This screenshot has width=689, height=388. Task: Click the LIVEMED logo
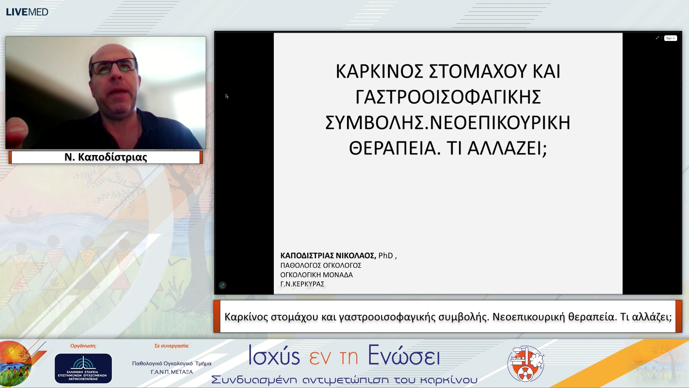click(x=27, y=12)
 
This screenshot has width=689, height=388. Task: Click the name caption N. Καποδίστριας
click(x=106, y=157)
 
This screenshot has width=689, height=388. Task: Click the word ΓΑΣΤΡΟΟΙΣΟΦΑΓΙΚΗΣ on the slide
click(x=448, y=97)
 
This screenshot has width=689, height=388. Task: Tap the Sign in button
click(x=670, y=38)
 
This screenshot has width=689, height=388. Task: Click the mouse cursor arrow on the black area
click(x=227, y=96)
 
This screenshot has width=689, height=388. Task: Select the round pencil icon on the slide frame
click(x=222, y=285)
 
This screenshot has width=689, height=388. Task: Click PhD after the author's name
click(x=386, y=255)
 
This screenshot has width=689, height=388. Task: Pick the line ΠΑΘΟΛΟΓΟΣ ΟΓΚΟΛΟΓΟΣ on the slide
click(x=320, y=265)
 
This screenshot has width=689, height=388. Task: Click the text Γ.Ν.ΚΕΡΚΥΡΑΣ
click(x=302, y=284)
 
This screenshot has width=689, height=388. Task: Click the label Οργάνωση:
click(x=83, y=346)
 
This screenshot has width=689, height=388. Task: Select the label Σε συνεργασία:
click(x=172, y=346)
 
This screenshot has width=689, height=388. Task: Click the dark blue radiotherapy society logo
click(x=83, y=368)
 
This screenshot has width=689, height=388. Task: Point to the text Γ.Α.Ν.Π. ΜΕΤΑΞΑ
click(x=172, y=372)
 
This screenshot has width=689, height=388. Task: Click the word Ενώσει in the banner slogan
click(x=404, y=356)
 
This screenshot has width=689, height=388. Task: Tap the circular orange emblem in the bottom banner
click(x=526, y=364)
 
